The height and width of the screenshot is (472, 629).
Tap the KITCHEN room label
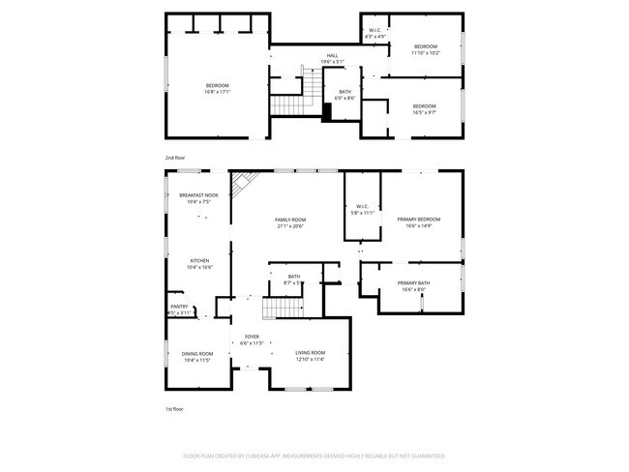tap(199, 260)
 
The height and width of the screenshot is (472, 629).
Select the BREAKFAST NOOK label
tap(198, 195)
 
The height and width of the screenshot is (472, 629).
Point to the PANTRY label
tap(179, 307)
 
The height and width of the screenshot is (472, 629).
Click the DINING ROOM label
tap(197, 353)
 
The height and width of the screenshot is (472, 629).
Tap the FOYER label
tap(252, 337)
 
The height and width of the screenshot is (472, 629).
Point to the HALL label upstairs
tap(332, 56)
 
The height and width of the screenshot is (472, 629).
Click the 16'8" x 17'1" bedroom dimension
tap(217, 93)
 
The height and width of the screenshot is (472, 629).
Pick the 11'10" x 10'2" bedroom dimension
tap(425, 53)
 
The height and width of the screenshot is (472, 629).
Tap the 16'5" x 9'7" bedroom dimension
tap(424, 112)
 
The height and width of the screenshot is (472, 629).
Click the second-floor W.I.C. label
tap(375, 31)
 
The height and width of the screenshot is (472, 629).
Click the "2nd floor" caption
tap(174, 156)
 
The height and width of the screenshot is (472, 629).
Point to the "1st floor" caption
tap(174, 409)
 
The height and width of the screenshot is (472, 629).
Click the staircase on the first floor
tap(283, 308)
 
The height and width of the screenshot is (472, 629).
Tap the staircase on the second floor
tap(287, 103)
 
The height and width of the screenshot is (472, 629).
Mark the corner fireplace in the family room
tap(242, 181)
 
